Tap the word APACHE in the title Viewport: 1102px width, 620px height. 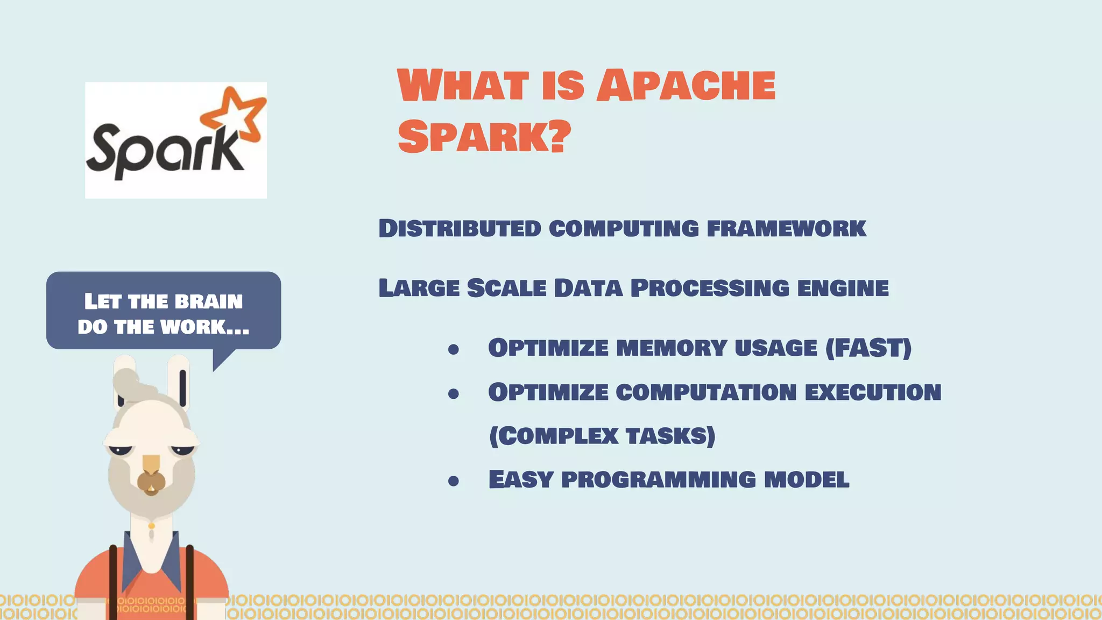[686, 86]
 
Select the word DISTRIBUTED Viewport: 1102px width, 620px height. [460, 229]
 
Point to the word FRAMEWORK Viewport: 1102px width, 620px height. [786, 229]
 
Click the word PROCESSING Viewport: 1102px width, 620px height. [710, 288]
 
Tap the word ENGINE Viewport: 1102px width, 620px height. [843, 288]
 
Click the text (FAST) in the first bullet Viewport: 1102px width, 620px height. [868, 348]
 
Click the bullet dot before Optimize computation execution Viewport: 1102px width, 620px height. [454, 394]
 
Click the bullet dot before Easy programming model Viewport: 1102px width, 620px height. [454, 481]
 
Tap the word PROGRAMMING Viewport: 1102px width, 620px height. [658, 480]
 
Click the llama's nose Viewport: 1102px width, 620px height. [151, 481]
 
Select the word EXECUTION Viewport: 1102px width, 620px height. [873, 392]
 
